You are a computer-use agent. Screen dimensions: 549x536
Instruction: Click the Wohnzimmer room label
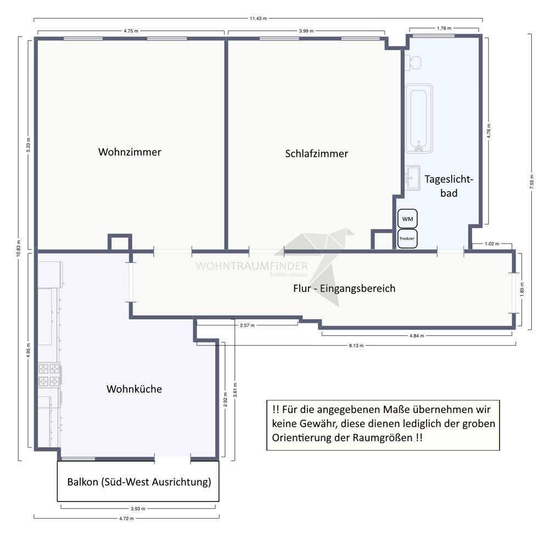tap(130, 152)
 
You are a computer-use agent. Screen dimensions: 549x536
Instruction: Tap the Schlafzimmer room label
tap(317, 154)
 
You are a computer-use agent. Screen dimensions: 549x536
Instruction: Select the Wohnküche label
tap(134, 389)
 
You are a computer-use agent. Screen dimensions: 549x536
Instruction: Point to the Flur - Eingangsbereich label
tap(344, 288)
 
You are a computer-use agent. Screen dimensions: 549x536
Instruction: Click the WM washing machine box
tap(407, 219)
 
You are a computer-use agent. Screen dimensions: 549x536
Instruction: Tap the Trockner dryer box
tap(407, 239)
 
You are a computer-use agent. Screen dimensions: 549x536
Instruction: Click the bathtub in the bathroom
tap(419, 119)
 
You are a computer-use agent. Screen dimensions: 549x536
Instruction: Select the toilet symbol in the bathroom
tap(413, 63)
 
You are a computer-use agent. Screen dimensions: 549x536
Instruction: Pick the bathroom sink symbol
tap(413, 178)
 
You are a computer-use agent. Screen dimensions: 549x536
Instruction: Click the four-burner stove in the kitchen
tap(49, 375)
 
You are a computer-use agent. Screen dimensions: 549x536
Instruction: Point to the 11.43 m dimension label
tap(258, 19)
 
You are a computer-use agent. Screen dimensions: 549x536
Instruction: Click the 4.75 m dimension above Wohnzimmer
tap(131, 31)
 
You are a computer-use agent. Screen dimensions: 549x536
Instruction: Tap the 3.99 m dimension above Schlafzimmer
tap(306, 31)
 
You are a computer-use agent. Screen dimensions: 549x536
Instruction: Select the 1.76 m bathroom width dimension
tap(444, 29)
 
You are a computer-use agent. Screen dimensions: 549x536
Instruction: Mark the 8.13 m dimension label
tap(356, 346)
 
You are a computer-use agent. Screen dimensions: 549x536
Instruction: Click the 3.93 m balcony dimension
tap(138, 509)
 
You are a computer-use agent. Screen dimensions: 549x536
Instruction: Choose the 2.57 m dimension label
tap(247, 325)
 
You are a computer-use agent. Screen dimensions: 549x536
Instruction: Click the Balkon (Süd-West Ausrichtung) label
tap(139, 482)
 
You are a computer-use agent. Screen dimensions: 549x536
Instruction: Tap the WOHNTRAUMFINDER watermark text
tap(251, 266)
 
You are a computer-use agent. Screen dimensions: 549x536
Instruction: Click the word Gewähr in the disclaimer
tap(316, 424)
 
